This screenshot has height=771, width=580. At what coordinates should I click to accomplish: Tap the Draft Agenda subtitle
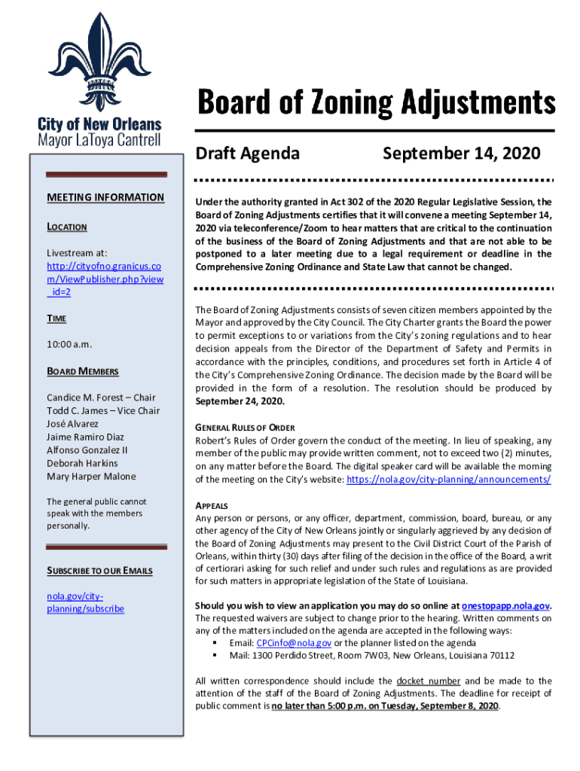coord(248,154)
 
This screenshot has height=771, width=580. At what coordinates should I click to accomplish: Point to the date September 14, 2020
coord(461,154)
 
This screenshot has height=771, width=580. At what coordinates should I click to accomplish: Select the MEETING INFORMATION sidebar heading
coord(105,197)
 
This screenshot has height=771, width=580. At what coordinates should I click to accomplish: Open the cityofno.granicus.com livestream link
coord(105,279)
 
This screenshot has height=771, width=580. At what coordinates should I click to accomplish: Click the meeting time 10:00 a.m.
coord(69,344)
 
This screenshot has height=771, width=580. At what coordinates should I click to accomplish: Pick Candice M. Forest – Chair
coord(101,398)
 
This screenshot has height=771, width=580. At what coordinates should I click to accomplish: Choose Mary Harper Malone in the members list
coord(91,476)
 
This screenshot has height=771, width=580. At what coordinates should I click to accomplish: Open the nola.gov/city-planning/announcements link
coord(448,480)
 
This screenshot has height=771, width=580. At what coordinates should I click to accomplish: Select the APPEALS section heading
coord(212,505)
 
